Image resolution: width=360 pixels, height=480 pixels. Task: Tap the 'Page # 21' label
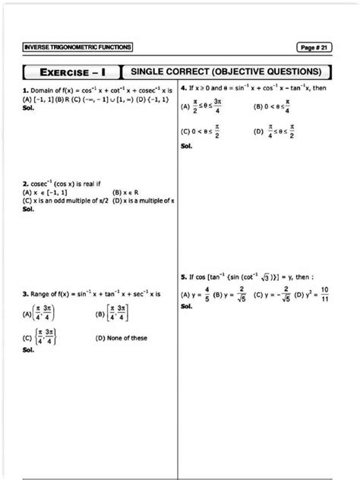314,48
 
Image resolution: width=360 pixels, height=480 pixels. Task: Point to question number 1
26,90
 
